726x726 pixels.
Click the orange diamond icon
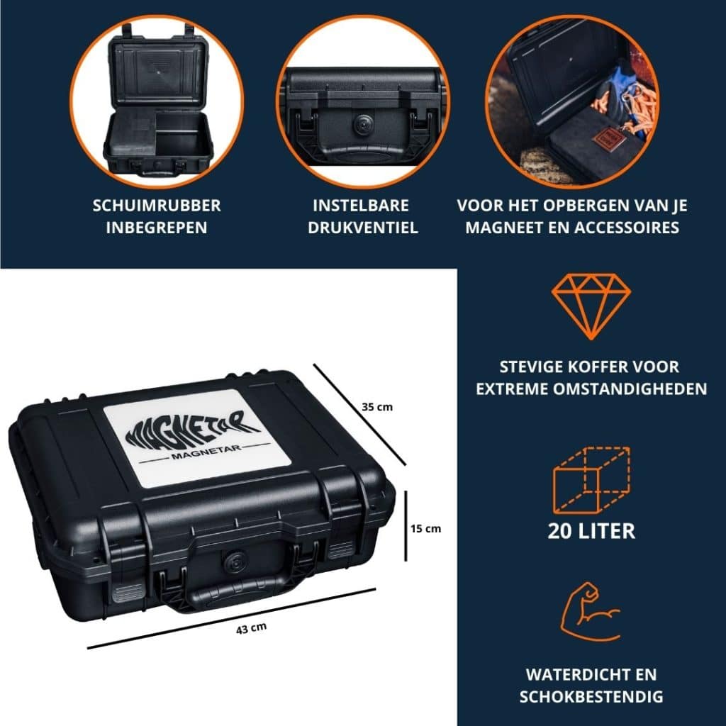coord(591,307)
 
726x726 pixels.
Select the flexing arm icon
coord(591,613)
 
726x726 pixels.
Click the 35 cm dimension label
coord(376,407)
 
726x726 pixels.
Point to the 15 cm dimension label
coord(426,528)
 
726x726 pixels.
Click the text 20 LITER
coord(591,531)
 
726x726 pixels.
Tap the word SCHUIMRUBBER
coord(157,206)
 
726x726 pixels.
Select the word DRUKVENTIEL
coord(363,228)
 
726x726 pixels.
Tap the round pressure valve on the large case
coord(232,562)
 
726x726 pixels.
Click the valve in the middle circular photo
coord(362,123)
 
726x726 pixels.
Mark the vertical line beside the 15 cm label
coord(406,524)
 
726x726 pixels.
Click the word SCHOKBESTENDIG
coord(591,696)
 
